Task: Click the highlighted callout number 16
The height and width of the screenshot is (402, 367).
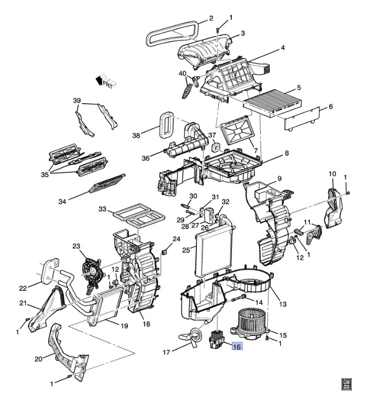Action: click(237, 347)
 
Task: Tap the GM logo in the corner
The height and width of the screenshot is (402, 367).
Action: click(347, 384)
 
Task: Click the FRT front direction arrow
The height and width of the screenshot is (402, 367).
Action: click(106, 81)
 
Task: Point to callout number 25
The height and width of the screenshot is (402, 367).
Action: click(186, 249)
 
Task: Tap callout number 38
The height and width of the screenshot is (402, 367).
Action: click(136, 135)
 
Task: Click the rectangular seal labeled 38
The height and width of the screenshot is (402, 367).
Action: click(166, 124)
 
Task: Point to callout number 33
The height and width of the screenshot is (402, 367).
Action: click(103, 209)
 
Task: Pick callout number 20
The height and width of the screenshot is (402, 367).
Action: click(38, 359)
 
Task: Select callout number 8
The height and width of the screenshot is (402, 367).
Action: click(287, 153)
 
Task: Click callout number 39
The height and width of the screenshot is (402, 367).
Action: click(77, 101)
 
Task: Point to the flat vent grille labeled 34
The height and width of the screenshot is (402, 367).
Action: click(107, 183)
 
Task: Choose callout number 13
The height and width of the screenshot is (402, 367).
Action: click(283, 305)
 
